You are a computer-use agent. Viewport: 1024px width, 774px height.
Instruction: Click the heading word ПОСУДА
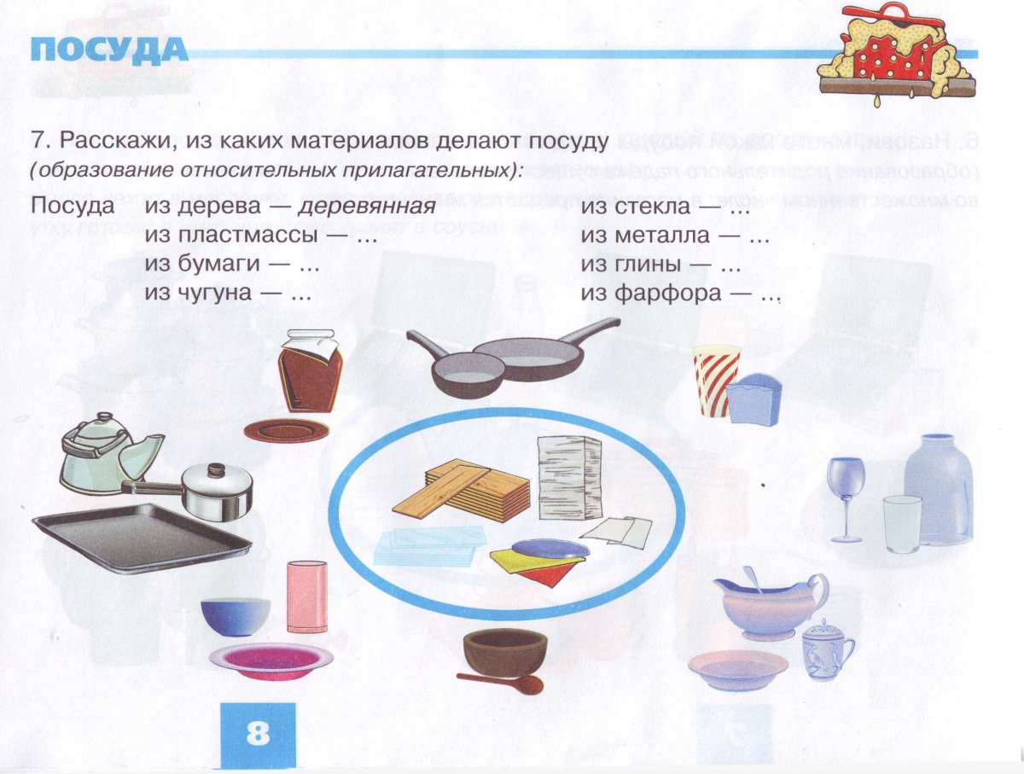(109, 51)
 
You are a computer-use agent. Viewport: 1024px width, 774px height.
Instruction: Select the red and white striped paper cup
(713, 375)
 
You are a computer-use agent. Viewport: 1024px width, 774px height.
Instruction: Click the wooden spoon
(503, 682)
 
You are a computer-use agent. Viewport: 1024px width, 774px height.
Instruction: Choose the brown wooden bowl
(504, 650)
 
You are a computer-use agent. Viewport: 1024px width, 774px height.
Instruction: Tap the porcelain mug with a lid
(826, 650)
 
